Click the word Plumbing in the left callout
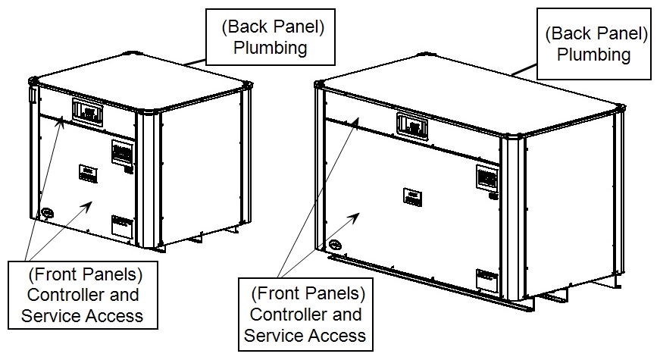click(x=270, y=48)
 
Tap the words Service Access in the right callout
click(x=305, y=333)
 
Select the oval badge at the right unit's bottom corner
click(x=334, y=246)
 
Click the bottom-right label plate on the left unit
click(x=121, y=225)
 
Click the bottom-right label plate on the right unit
click(x=486, y=278)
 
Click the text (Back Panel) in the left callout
click(x=270, y=28)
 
